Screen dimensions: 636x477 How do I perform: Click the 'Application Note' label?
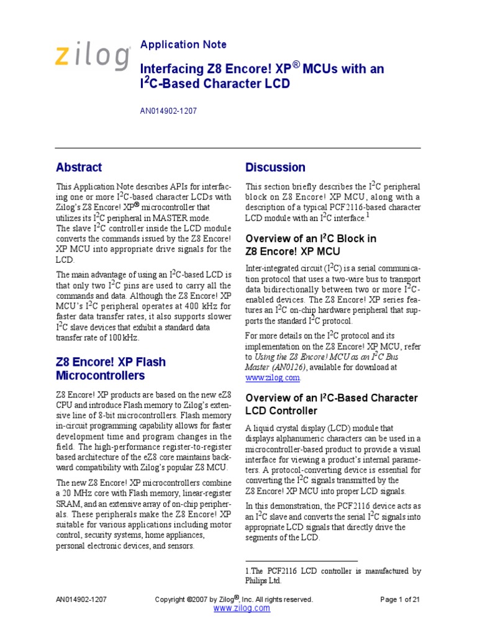coord(183,45)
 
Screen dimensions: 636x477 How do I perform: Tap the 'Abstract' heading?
coord(79,167)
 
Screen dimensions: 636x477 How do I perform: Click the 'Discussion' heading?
coord(275,167)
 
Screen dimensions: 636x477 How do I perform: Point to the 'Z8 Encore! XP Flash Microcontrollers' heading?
coord(111,368)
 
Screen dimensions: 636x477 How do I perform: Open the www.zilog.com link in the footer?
coord(242,609)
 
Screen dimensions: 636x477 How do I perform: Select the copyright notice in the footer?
coord(234,599)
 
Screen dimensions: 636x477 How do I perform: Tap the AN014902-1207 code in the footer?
coord(81,599)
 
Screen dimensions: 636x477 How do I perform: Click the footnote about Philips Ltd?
coord(333,576)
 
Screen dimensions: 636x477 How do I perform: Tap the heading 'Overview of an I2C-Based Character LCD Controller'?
coord(332,404)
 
